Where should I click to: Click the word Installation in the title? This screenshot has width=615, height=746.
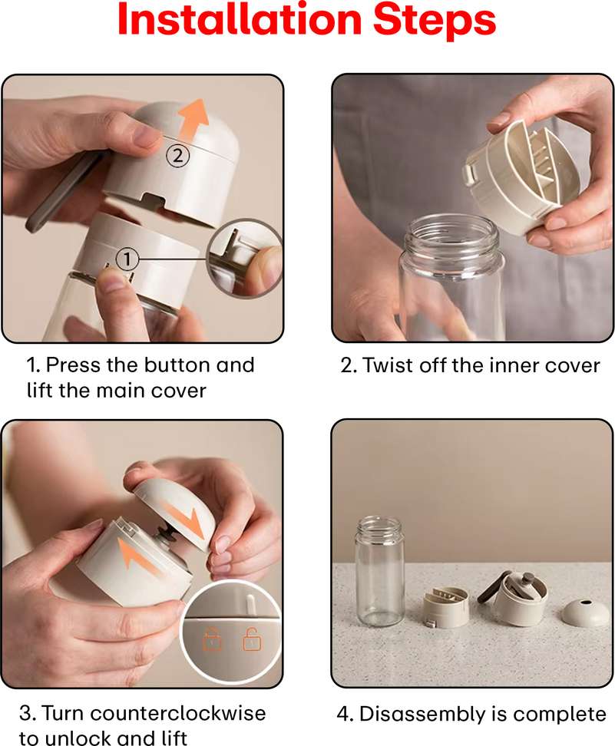click(x=240, y=19)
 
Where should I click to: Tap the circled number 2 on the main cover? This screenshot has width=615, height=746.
click(x=177, y=156)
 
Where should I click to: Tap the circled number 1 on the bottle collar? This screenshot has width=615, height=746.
click(x=127, y=259)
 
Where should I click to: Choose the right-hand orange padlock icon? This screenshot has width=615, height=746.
click(x=252, y=639)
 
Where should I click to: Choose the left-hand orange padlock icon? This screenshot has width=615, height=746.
click(x=213, y=639)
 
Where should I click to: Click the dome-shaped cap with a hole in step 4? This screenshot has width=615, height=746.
click(x=586, y=612)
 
